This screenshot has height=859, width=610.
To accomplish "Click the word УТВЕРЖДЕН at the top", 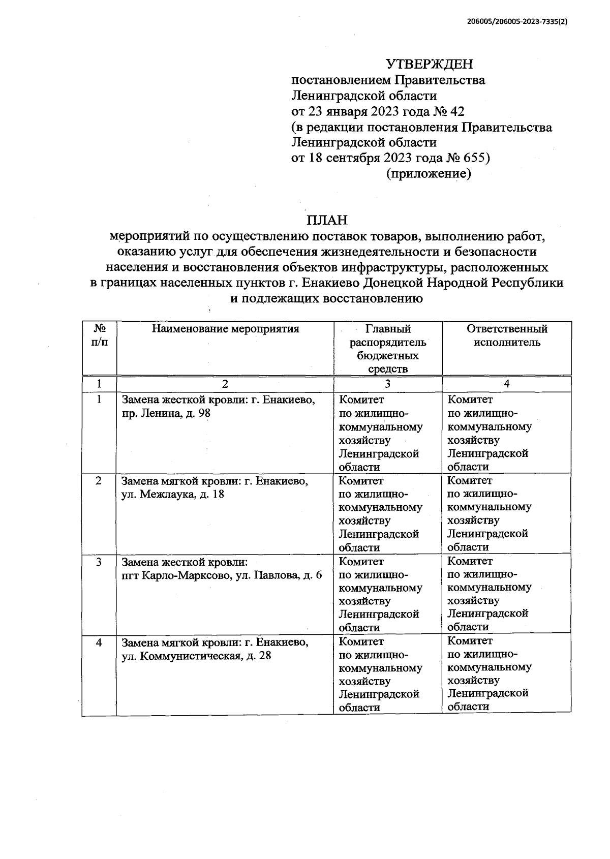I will [429, 64].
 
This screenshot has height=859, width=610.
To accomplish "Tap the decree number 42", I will [457, 111].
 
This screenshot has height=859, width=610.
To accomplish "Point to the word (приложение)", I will [429, 174].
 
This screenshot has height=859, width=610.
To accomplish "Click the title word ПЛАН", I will [327, 220].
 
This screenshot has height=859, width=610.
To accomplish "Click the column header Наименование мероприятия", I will [225, 329].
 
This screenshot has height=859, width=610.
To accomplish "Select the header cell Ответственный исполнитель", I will [507, 335].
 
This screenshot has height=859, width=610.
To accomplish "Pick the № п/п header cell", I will [99, 335].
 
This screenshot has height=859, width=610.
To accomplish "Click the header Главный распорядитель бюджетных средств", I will [388, 349].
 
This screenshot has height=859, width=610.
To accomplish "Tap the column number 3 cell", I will [388, 384].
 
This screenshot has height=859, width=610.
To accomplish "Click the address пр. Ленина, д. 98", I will [166, 413].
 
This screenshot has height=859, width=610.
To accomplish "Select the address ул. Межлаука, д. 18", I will [173, 494].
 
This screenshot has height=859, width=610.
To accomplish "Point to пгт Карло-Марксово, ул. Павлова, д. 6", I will [222, 575].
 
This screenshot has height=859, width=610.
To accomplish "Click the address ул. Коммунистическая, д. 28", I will [196, 656].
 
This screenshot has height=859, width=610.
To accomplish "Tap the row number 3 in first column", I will [99, 562].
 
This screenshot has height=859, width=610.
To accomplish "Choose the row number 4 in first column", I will [99, 642].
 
